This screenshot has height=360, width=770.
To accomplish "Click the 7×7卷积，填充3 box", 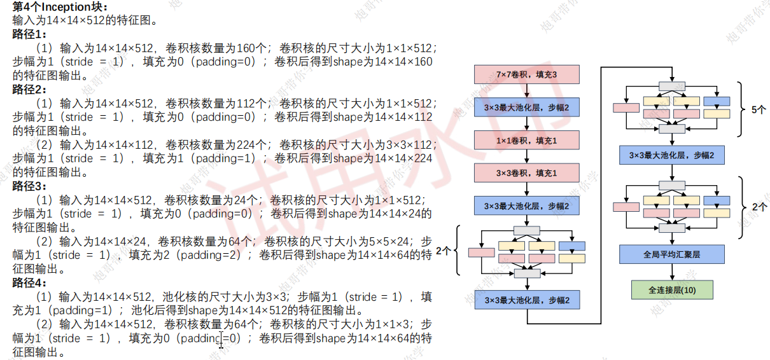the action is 527,74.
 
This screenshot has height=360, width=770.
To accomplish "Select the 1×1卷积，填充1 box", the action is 527,140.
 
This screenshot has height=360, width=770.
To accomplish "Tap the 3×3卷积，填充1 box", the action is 527,173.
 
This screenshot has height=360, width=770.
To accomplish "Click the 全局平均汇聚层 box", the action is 672,254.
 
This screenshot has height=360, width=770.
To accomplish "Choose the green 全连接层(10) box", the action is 672,290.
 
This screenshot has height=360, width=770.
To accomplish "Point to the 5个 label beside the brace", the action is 759,110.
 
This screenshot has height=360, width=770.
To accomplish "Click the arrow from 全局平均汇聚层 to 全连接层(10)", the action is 672,272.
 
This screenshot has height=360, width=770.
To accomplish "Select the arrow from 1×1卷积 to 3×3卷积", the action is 527,156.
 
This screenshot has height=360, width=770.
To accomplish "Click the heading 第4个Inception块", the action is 60,6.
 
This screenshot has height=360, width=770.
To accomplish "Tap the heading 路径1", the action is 29,34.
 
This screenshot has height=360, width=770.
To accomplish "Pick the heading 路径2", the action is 29,89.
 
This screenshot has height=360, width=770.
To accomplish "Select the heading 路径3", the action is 29,186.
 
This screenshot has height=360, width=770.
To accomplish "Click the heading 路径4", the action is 29,282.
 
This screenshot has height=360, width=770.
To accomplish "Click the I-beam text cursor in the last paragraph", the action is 221,340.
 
